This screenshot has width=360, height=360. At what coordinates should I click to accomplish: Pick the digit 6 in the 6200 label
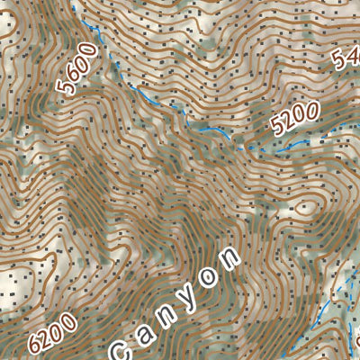pyautogui.click(x=36, y=346)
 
